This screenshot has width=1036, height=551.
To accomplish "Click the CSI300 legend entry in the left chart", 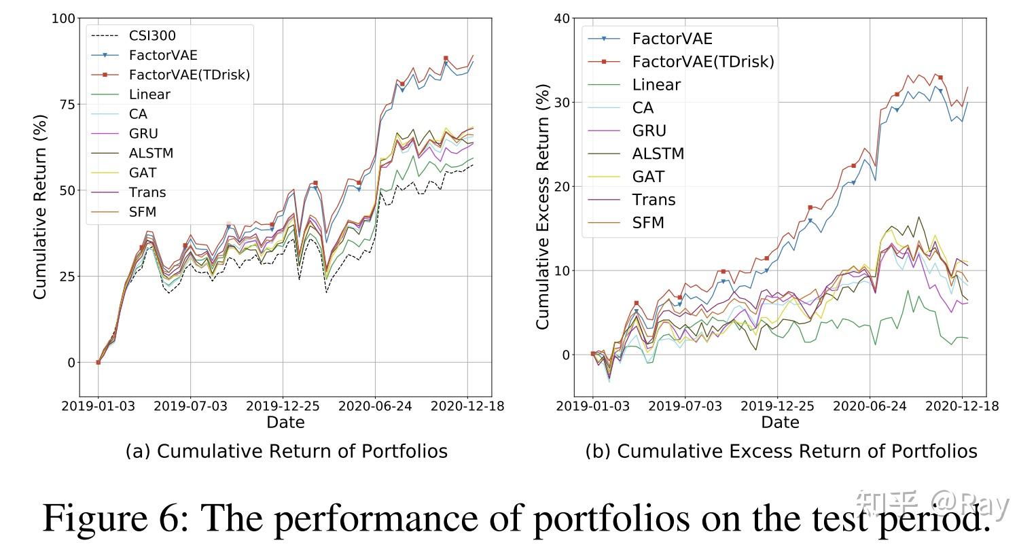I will click(152, 35).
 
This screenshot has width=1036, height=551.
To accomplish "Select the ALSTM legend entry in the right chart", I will click(658, 154).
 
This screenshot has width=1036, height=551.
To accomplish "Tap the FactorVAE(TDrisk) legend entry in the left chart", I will click(189, 75).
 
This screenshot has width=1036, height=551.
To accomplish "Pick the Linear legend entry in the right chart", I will click(656, 85).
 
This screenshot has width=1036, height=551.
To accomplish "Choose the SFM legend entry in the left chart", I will click(143, 212).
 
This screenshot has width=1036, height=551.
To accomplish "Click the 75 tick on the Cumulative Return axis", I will click(68, 104).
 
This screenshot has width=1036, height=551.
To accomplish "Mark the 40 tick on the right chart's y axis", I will click(562, 18).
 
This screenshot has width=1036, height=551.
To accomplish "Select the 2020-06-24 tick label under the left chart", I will click(374, 406).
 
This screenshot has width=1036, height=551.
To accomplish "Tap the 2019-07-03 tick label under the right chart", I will click(684, 406).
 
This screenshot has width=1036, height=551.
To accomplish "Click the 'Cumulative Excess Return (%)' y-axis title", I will click(543, 207).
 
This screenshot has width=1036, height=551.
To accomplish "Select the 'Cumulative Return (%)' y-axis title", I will click(40, 207).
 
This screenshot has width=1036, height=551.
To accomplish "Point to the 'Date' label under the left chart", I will click(285, 423).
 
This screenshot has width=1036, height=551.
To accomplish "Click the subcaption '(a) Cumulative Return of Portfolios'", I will click(286, 451).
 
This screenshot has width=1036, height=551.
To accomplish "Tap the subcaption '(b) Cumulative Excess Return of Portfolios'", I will click(781, 451).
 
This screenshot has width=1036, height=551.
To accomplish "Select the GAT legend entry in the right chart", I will click(648, 177).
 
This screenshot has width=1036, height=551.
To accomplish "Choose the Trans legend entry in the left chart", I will click(147, 192).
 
